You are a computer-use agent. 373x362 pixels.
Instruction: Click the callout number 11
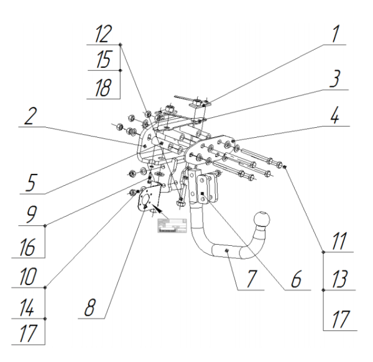click(x=338, y=241)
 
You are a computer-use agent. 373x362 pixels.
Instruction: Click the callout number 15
click(x=103, y=60)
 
